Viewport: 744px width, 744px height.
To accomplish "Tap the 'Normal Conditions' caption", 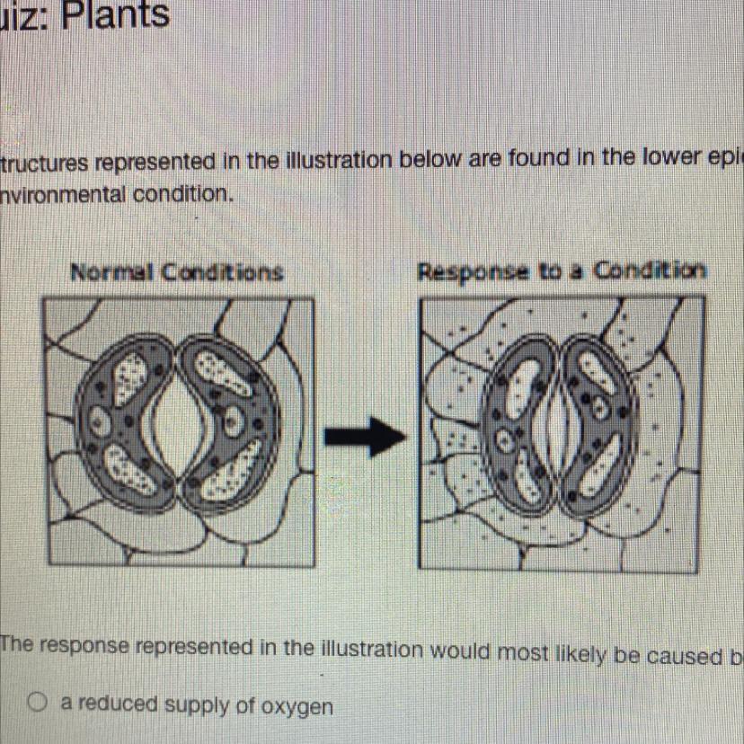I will [177, 271].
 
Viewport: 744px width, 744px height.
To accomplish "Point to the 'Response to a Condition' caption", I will [562, 270].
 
